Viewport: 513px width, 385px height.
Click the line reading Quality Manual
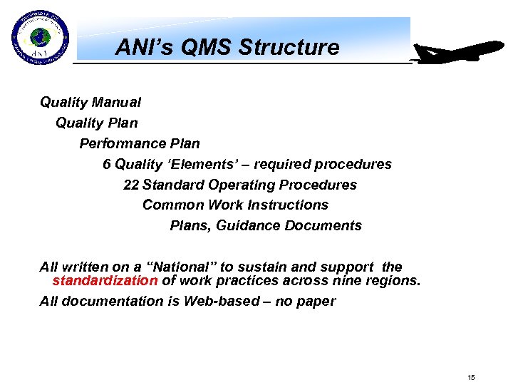[x=90, y=103]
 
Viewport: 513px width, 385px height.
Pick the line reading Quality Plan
[x=96, y=123]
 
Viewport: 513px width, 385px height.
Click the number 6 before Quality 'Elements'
[x=107, y=165]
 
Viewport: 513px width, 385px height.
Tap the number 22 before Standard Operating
[x=130, y=185]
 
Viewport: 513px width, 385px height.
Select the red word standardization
[x=105, y=281]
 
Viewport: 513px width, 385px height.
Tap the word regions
[x=393, y=281]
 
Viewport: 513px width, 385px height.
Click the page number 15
[x=471, y=377]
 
